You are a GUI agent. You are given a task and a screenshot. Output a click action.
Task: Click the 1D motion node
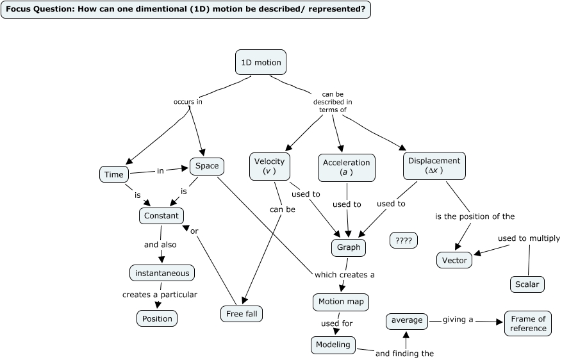pyautogui.click(x=261, y=63)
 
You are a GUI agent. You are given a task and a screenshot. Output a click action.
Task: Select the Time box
pyautogui.click(x=113, y=174)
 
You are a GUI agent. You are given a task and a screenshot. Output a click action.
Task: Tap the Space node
pyautogui.click(x=207, y=166)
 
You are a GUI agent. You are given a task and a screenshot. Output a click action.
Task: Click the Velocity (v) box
pyautogui.click(x=269, y=167)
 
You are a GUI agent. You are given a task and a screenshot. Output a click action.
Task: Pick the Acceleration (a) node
pyautogui.click(x=347, y=167)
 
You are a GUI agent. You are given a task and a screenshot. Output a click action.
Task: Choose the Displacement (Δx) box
pyautogui.click(x=434, y=166)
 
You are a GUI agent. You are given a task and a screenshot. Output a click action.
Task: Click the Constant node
pyautogui.click(x=161, y=216)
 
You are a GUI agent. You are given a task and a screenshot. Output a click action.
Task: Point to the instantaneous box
pyautogui.click(x=162, y=273)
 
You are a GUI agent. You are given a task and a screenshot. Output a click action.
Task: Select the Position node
pyautogui.click(x=157, y=318)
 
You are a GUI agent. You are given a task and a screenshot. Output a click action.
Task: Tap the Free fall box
pyautogui.click(x=241, y=314)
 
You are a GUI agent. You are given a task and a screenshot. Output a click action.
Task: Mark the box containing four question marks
pyautogui.click(x=404, y=241)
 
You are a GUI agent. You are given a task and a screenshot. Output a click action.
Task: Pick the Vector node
pyautogui.click(x=454, y=260)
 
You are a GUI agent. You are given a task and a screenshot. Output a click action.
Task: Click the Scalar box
pyautogui.click(x=527, y=284)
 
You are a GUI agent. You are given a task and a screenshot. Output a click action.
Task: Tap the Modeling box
pyautogui.click(x=333, y=345)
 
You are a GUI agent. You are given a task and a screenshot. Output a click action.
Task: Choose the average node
pyautogui.click(x=407, y=320)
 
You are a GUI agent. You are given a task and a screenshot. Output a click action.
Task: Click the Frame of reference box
pyautogui.click(x=528, y=323)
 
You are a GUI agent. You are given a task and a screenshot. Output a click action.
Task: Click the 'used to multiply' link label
pyautogui.click(x=529, y=238)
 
